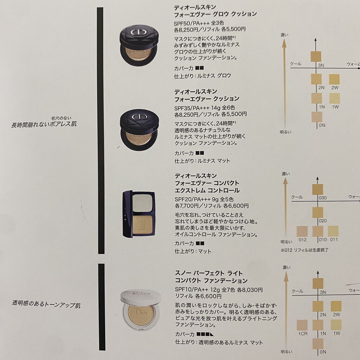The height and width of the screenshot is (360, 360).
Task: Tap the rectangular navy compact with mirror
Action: pos(139,213)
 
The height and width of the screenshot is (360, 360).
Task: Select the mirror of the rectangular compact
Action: pos(143,203)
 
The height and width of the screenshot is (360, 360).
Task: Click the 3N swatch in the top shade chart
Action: pos(316,57)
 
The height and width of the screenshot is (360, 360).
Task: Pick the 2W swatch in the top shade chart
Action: pos(334,79)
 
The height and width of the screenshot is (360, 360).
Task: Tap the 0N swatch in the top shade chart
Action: pos(317,117)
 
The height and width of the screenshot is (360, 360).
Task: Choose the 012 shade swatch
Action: pos(302,231)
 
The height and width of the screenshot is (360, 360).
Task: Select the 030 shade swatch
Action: pos(317,189)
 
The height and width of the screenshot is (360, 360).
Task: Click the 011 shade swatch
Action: pos(333,231)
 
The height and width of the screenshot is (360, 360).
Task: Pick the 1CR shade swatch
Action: pos(302,325)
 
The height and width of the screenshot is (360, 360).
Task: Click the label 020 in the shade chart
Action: pos(323,221)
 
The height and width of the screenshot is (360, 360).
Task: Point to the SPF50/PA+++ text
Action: pos(192,23)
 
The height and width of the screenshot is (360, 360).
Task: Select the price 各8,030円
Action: pos(250,290)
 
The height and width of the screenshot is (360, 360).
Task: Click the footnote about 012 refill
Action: pos(304,250)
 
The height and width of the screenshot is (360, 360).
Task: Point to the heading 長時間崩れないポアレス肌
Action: pos(44,124)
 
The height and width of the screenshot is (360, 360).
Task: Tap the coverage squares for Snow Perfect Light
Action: pos(205,334)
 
